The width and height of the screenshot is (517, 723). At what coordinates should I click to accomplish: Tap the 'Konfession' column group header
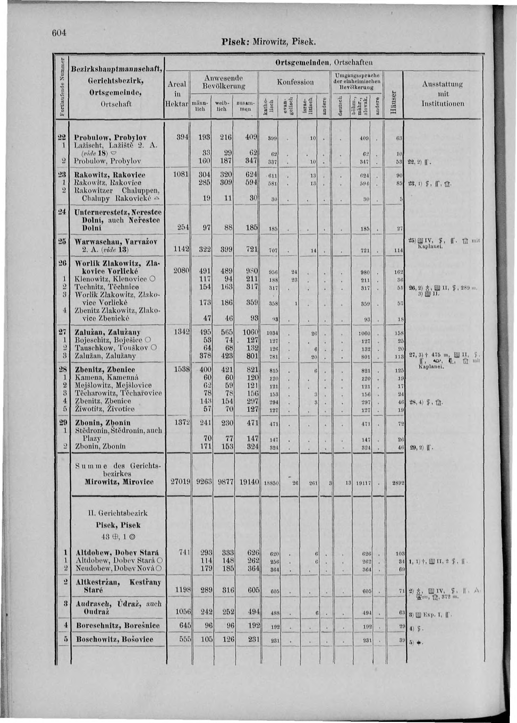[296, 82]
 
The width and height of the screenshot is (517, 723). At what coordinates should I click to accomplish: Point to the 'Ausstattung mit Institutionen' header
[442, 94]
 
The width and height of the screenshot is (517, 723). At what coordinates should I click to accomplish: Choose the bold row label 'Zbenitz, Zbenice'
[105, 370]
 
